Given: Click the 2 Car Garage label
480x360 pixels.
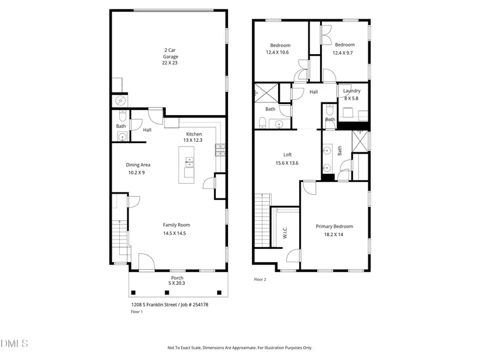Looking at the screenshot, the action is click(170, 54).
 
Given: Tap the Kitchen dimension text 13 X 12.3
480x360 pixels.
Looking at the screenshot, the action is click(193, 140).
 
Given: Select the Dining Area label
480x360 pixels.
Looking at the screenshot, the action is click(138, 165).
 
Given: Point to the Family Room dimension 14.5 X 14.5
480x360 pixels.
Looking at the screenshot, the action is click(175, 233).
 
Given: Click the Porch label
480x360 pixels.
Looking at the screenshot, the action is click(177, 277).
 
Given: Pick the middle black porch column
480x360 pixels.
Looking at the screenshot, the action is click(167, 293).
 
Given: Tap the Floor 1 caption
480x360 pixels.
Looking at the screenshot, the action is click(137, 312).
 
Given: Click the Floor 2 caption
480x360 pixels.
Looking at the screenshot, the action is click(260, 279).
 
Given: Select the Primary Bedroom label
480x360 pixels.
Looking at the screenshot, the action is click(335, 226).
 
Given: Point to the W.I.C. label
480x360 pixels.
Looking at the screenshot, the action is click(285, 233).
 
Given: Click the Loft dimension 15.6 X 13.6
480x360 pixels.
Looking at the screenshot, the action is click(287, 163).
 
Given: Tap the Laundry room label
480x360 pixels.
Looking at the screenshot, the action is click(352, 91).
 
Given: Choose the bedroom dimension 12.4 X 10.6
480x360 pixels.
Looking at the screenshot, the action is click(278, 52).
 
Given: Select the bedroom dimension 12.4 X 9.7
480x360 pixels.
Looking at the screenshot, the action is click(343, 53).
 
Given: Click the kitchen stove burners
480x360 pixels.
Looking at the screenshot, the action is click(220, 150).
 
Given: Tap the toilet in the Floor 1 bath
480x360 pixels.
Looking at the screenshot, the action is click(122, 116).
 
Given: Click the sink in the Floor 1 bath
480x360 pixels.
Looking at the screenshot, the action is click(122, 137).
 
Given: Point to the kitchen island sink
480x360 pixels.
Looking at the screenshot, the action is click(189, 162).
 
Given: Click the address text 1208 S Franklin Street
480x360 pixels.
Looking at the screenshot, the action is click(154, 305).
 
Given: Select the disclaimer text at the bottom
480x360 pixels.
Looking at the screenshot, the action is click(240, 347).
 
